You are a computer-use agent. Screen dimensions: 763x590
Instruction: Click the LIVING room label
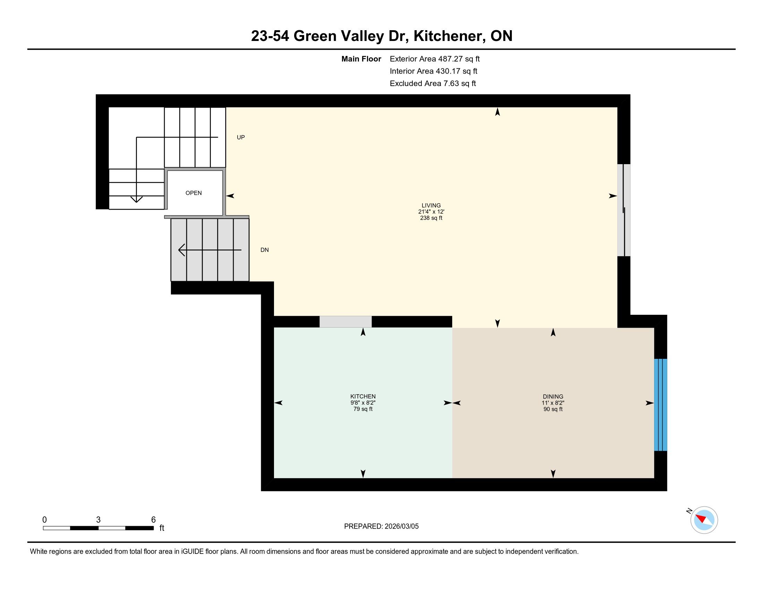pyautogui.click(x=431, y=205)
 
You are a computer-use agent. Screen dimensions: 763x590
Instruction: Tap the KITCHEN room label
pyautogui.click(x=363, y=396)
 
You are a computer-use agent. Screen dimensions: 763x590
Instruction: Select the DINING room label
pyautogui.click(x=553, y=396)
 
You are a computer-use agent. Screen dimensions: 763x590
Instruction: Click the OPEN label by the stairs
pyautogui.click(x=194, y=193)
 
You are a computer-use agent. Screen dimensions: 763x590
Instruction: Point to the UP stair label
pyautogui.click(x=241, y=137)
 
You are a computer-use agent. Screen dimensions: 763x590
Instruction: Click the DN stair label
pyautogui.click(x=265, y=250)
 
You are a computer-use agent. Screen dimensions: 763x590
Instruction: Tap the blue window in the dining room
pyautogui.click(x=660, y=405)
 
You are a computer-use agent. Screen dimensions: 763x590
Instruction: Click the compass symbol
pyautogui.click(x=704, y=520)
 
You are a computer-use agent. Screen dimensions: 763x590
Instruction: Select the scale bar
pyautogui.click(x=98, y=528)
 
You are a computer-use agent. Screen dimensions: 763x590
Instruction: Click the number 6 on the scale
pyautogui.click(x=153, y=520)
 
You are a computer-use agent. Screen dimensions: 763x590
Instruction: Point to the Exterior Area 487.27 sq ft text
pyautogui.click(x=435, y=59)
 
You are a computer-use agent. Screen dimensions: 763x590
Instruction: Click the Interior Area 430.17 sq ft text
pyautogui.click(x=433, y=71)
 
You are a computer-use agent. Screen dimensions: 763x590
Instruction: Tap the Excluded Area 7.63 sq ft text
pyautogui.click(x=433, y=83)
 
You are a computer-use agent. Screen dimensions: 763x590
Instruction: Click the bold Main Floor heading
pyautogui.click(x=361, y=59)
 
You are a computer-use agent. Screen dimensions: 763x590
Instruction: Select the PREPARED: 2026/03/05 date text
pyautogui.click(x=381, y=526)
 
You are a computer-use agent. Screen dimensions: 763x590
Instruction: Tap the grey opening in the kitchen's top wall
pyautogui.click(x=345, y=322)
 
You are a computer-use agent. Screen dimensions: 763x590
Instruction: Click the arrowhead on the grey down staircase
pyautogui.click(x=181, y=250)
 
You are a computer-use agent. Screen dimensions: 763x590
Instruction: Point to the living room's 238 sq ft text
pyautogui.click(x=431, y=218)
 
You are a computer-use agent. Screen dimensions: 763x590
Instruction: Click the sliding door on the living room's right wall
pyautogui.click(x=624, y=210)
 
